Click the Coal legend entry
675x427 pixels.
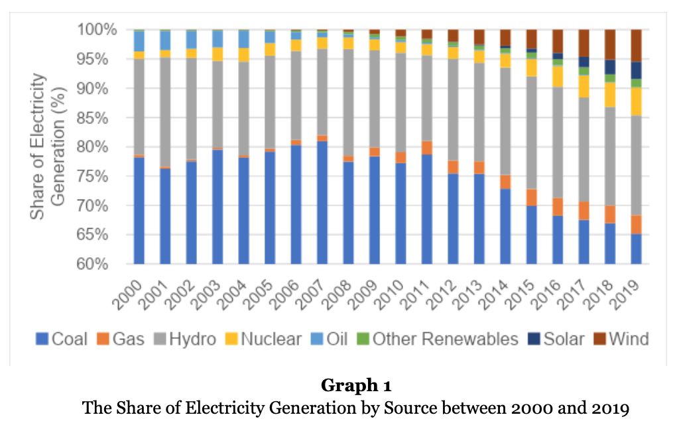[62, 339]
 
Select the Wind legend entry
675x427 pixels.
[621, 339]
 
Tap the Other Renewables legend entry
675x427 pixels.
[438, 339]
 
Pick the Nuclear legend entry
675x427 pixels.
[263, 339]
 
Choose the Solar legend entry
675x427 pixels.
[556, 339]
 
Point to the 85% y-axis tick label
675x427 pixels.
[92, 118]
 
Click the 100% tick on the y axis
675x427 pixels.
[97, 30]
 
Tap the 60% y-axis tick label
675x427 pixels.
[92, 264]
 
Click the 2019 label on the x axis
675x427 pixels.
[626, 294]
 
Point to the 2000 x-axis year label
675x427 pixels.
[128, 294]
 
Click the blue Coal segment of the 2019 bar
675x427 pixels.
[637, 249]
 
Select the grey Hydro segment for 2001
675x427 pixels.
[165, 112]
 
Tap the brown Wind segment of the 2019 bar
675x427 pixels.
[637, 46]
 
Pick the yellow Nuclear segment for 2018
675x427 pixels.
[610, 95]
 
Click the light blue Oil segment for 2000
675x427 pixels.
[139, 41]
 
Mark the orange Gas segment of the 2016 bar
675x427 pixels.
[558, 207]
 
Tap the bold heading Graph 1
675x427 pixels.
[356, 385]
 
